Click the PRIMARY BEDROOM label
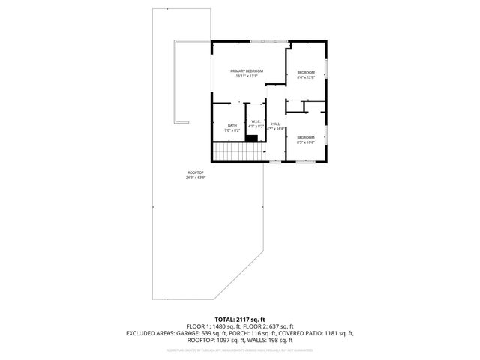coord(247,70)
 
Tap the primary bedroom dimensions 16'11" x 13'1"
coord(247,76)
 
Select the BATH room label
coord(232,125)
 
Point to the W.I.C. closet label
coord(256,121)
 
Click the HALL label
coord(275,124)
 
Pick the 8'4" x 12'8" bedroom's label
coord(306,73)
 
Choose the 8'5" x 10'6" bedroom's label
coord(306,137)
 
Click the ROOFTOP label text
coord(195,172)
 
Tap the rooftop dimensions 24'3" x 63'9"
coord(195,178)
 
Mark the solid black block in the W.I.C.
coord(252,137)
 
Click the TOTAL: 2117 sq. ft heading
coord(240,319)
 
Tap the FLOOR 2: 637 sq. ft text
coord(268,325)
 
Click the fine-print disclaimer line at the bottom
coord(240,349)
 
